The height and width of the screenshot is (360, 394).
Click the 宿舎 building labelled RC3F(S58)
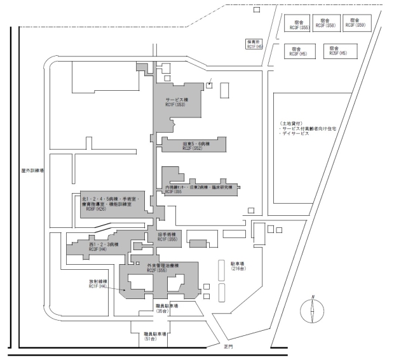point(329,23)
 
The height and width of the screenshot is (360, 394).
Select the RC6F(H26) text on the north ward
point(102,212)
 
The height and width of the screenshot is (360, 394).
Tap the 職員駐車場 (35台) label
point(166,309)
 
